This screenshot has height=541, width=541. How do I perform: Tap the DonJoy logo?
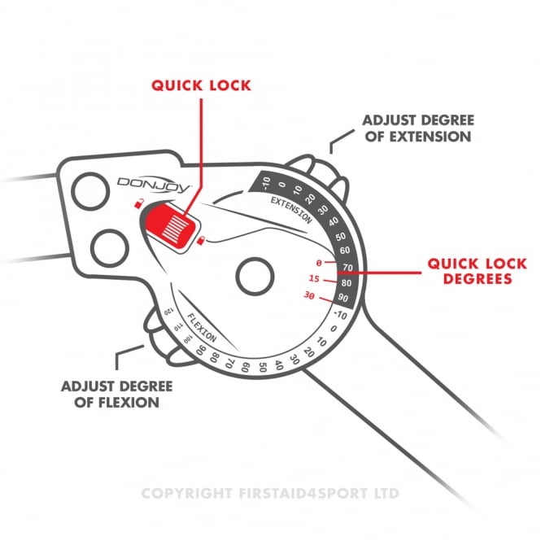click(155, 185)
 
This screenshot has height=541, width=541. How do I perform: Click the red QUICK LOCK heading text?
click(201, 85)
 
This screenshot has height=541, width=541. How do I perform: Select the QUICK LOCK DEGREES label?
click(478, 271)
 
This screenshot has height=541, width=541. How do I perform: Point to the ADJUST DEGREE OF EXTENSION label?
click(418, 129)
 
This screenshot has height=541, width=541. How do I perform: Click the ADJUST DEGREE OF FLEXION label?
click(117, 394)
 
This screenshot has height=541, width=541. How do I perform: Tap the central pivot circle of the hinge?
click(255, 277)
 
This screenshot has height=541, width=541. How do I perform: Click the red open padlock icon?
click(138, 203)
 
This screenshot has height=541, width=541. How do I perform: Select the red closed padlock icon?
click(200, 240)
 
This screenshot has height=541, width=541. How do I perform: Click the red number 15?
click(314, 278)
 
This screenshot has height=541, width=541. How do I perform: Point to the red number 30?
click(309, 295)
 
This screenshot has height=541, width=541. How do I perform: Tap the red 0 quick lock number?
click(319, 264)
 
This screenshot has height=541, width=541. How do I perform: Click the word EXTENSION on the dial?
click(291, 210)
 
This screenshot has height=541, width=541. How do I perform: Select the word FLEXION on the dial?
click(202, 327)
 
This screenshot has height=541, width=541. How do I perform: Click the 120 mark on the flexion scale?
click(168, 312)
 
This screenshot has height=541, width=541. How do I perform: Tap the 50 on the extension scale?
click(341, 237)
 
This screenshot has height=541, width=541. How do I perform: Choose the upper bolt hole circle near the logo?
click(90, 191)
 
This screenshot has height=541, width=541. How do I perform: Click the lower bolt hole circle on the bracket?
click(110, 248)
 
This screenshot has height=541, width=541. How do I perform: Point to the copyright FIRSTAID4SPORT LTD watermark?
click(270, 493)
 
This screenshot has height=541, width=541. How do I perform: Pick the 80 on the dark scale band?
click(346, 283)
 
